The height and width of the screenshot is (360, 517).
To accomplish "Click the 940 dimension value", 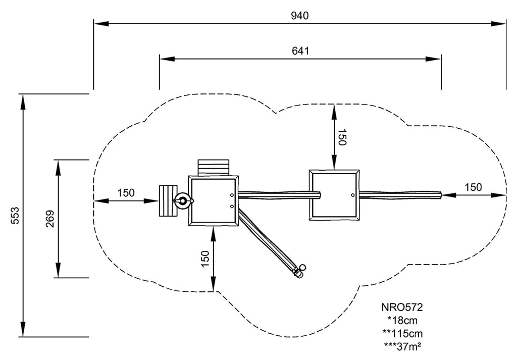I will [x=299, y=15].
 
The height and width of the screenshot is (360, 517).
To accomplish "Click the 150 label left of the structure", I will [x=126, y=192].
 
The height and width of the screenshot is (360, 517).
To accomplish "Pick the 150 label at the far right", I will [x=473, y=187].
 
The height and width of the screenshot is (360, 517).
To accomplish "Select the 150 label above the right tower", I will [x=342, y=137].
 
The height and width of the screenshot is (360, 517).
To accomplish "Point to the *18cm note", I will [x=402, y=320].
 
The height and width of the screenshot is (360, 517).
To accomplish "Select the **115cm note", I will [x=402, y=333].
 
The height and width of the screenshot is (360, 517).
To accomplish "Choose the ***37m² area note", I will [x=402, y=346].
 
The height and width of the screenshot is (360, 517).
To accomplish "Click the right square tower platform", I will [x=334, y=195].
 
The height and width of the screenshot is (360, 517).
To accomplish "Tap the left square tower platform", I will [x=213, y=200].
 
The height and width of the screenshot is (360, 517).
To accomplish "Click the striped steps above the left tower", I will [x=213, y=167].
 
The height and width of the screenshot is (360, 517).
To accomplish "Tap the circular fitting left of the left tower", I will [x=182, y=201].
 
